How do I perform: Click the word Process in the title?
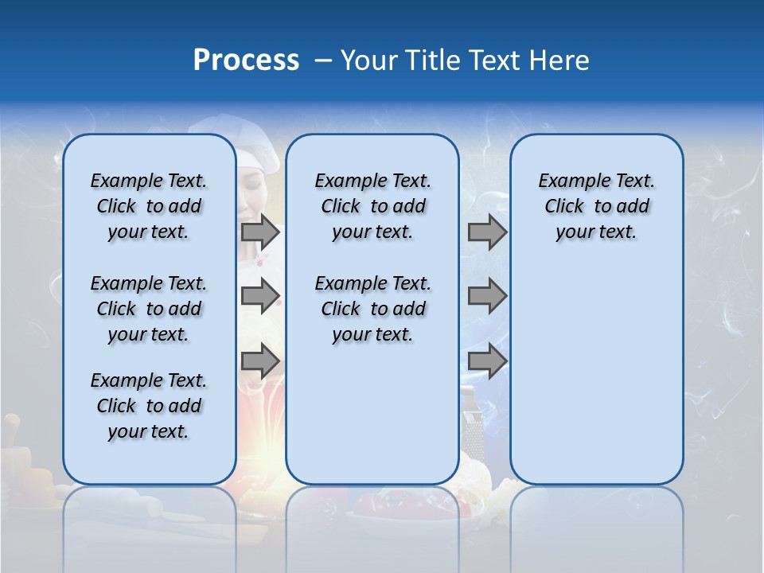click(x=246, y=60)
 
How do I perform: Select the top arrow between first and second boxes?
click(x=260, y=232)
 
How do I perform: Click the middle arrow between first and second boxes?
click(x=260, y=296)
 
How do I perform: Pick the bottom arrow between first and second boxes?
click(x=260, y=361)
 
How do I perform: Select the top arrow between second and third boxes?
click(x=487, y=232)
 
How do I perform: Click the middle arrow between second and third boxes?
click(x=487, y=296)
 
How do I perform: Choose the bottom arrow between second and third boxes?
click(x=487, y=361)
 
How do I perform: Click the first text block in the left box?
click(x=149, y=206)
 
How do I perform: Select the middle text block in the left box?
click(x=149, y=309)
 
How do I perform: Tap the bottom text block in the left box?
click(x=149, y=406)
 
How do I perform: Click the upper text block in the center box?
click(x=372, y=206)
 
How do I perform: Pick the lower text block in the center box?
click(x=372, y=309)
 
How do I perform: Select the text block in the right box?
click(x=596, y=206)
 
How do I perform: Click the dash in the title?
click(x=323, y=60)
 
